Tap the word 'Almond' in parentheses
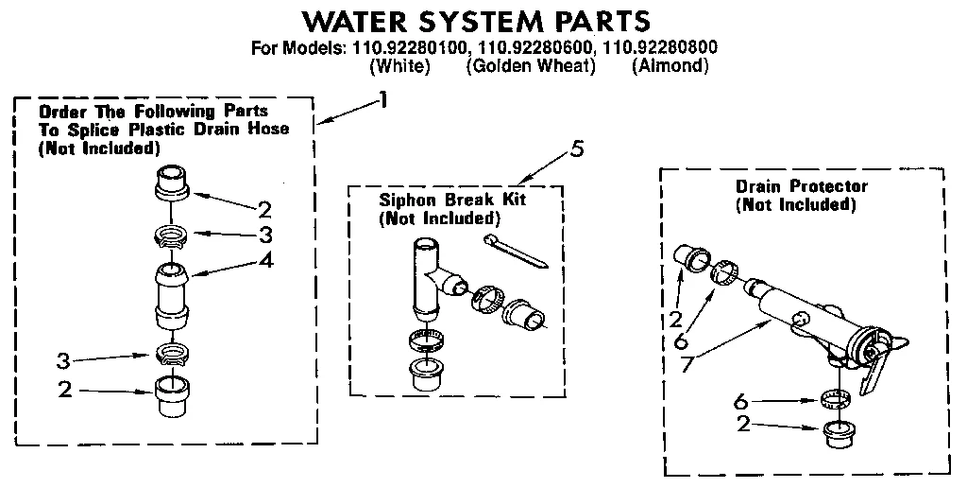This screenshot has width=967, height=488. [x=670, y=66]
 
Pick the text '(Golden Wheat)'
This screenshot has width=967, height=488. [x=531, y=66]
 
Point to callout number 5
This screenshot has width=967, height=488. [x=577, y=148]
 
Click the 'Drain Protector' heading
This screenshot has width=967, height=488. [x=801, y=186]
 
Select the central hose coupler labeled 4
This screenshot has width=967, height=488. [x=171, y=294]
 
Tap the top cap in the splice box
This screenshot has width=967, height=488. [x=171, y=183]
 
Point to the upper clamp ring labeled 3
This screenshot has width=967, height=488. [x=170, y=234]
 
